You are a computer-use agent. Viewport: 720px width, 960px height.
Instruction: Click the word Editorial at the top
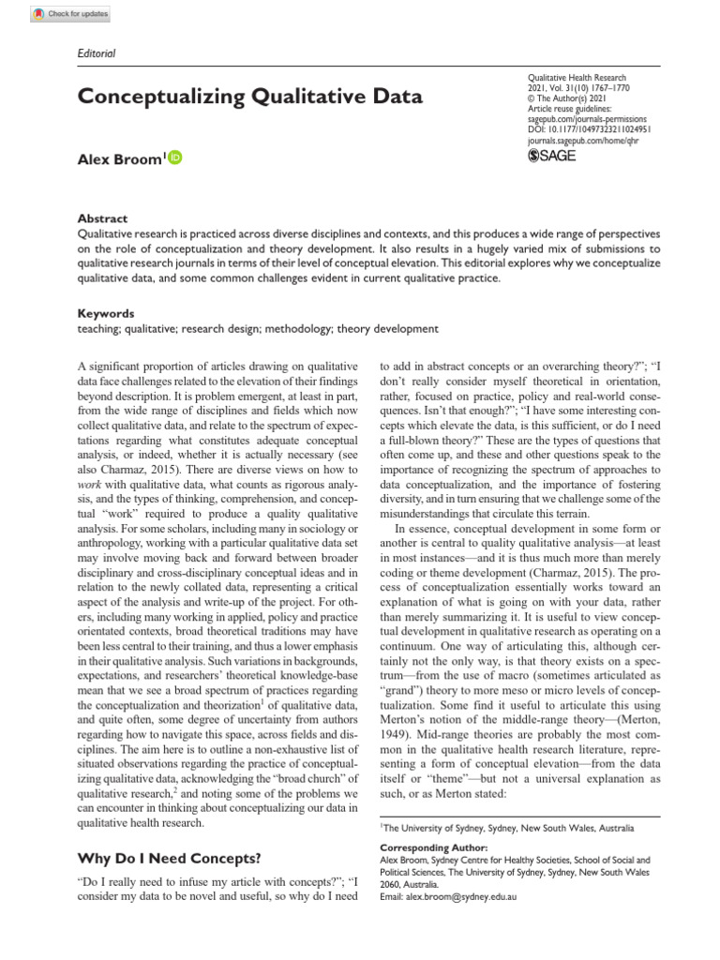[x=96, y=53]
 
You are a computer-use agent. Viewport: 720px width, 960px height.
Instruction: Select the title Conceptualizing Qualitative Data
[x=249, y=97]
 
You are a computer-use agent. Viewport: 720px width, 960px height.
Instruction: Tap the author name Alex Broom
[x=119, y=159]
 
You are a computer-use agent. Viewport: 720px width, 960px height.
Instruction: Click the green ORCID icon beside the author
[x=175, y=158]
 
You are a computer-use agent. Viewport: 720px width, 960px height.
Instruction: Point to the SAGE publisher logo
[x=552, y=156]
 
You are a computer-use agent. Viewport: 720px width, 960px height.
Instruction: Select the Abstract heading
[x=102, y=218]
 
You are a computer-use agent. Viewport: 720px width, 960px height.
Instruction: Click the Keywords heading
[x=105, y=314]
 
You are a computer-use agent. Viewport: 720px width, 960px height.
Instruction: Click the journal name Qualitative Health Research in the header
[x=577, y=78]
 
